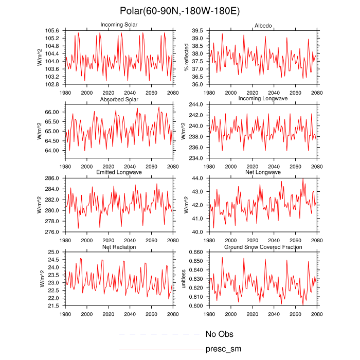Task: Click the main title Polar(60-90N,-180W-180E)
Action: tap(179, 11)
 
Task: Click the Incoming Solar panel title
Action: tap(119, 25)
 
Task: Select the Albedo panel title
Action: tap(263, 26)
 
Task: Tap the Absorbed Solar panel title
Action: tap(119, 99)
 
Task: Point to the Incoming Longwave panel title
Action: tap(263, 99)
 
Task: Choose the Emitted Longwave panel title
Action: tap(119, 173)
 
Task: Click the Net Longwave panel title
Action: tap(263, 173)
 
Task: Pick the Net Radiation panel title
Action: tap(119, 247)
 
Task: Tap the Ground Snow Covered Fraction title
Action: tap(263, 247)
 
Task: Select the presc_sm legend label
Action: tap(223, 349)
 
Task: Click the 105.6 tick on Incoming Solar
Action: tap(52, 31)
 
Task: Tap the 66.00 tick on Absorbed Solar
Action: tap(52, 112)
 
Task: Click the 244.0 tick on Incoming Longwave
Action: tap(196, 104)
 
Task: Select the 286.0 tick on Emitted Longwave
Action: tap(52, 178)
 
